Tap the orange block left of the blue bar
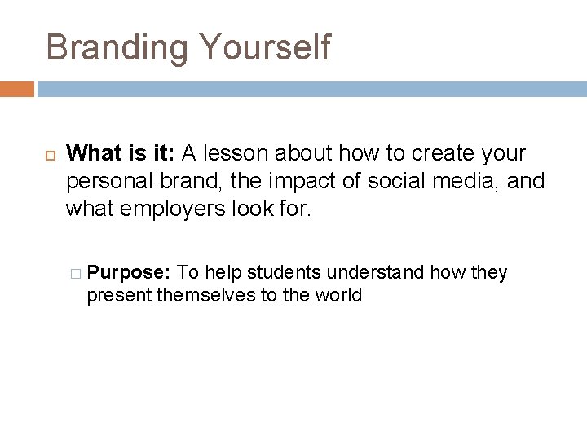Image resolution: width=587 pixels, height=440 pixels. tap(17, 89)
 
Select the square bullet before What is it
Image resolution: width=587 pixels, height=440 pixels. tap(48, 153)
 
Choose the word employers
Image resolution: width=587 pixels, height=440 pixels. tap(167, 208)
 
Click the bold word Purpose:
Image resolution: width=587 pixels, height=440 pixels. tap(130, 272)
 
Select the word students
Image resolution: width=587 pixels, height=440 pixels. tap(280, 272)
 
